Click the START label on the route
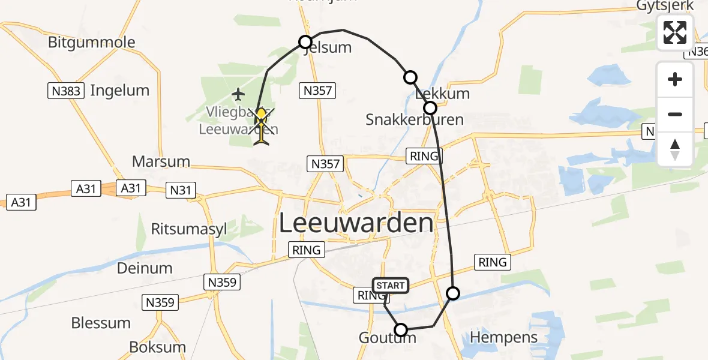point(391,286)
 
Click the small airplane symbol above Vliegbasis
point(239,94)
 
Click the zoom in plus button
point(675,80)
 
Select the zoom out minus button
point(675,114)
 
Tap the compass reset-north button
point(675,149)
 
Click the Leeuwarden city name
point(356,223)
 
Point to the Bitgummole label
point(92,43)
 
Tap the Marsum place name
point(161,161)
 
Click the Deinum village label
point(145,268)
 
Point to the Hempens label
point(504,338)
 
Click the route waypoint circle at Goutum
point(400,329)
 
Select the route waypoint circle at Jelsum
point(305,42)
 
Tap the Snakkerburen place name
point(415,119)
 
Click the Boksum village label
point(158,347)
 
